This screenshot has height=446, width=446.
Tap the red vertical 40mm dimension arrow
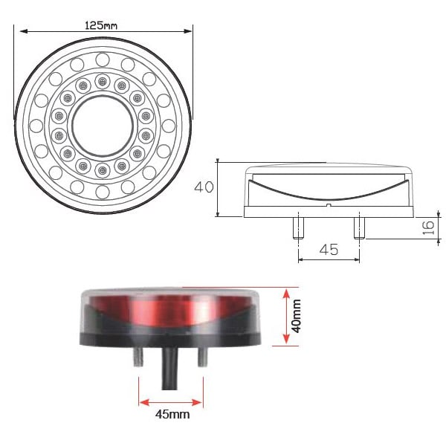285,317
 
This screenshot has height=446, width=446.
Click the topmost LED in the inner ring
102,80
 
